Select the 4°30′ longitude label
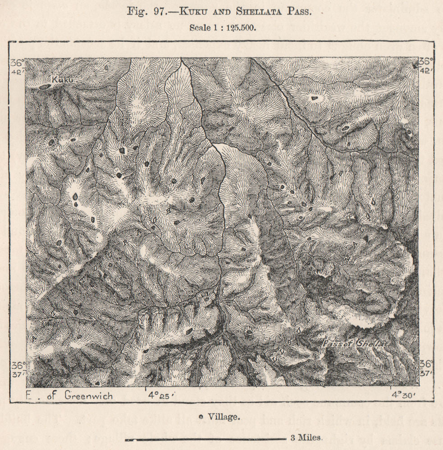403,395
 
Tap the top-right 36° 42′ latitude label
426,65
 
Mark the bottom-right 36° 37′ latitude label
426,368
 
